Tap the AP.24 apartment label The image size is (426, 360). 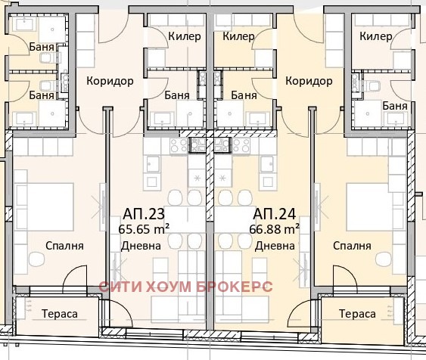coord(270,213)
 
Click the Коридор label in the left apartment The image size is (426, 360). coord(110,81)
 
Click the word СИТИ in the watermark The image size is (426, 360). coord(120,288)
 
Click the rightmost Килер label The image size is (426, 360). coord(376,36)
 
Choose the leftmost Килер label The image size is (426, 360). coord(185,36)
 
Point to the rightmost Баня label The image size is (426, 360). coord(395,106)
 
